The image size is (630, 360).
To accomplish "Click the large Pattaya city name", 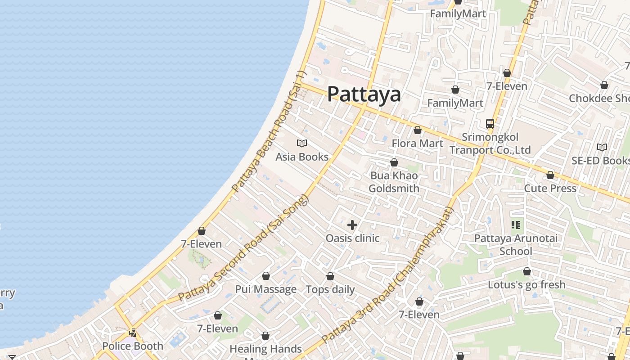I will click(x=364, y=94).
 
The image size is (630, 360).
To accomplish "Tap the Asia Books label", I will click(x=302, y=157).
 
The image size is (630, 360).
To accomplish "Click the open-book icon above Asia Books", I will click(x=302, y=144).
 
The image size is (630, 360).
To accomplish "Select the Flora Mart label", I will click(x=417, y=143).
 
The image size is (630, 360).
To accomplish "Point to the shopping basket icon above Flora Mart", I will click(x=418, y=130).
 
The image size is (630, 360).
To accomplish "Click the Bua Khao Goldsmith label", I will click(x=394, y=182).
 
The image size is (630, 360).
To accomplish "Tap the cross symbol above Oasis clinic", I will click(x=352, y=225).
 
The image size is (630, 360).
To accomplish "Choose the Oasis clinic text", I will click(x=352, y=238).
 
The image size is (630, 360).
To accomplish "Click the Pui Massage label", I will click(x=266, y=289).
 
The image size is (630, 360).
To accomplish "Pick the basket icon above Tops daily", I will click(x=330, y=276).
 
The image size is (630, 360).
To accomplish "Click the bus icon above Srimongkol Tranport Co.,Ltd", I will click(x=490, y=123).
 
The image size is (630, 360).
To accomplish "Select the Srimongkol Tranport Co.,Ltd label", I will click(x=490, y=143).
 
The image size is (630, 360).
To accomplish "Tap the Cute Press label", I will click(x=550, y=188).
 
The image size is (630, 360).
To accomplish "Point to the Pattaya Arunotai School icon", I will click(x=516, y=225).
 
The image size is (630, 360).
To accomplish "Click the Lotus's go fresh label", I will click(x=526, y=284).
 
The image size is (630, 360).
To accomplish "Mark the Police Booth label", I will click(x=132, y=346).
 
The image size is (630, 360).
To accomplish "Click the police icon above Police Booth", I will click(x=133, y=333).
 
